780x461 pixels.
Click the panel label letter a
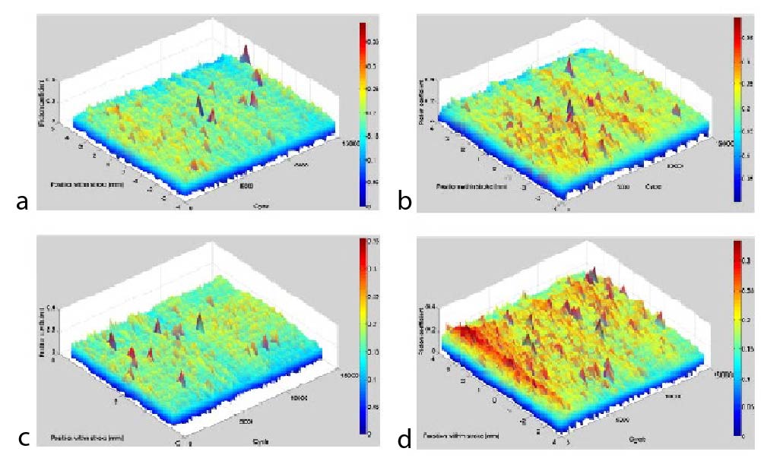tap(22, 201)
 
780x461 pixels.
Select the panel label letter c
tap(22, 438)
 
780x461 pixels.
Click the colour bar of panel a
tap(363, 114)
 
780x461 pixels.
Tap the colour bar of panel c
tap(363, 336)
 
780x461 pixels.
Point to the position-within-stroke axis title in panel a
tap(88, 185)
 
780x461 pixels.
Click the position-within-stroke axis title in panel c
tap(88, 438)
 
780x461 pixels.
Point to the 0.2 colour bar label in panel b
tap(755, 109)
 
